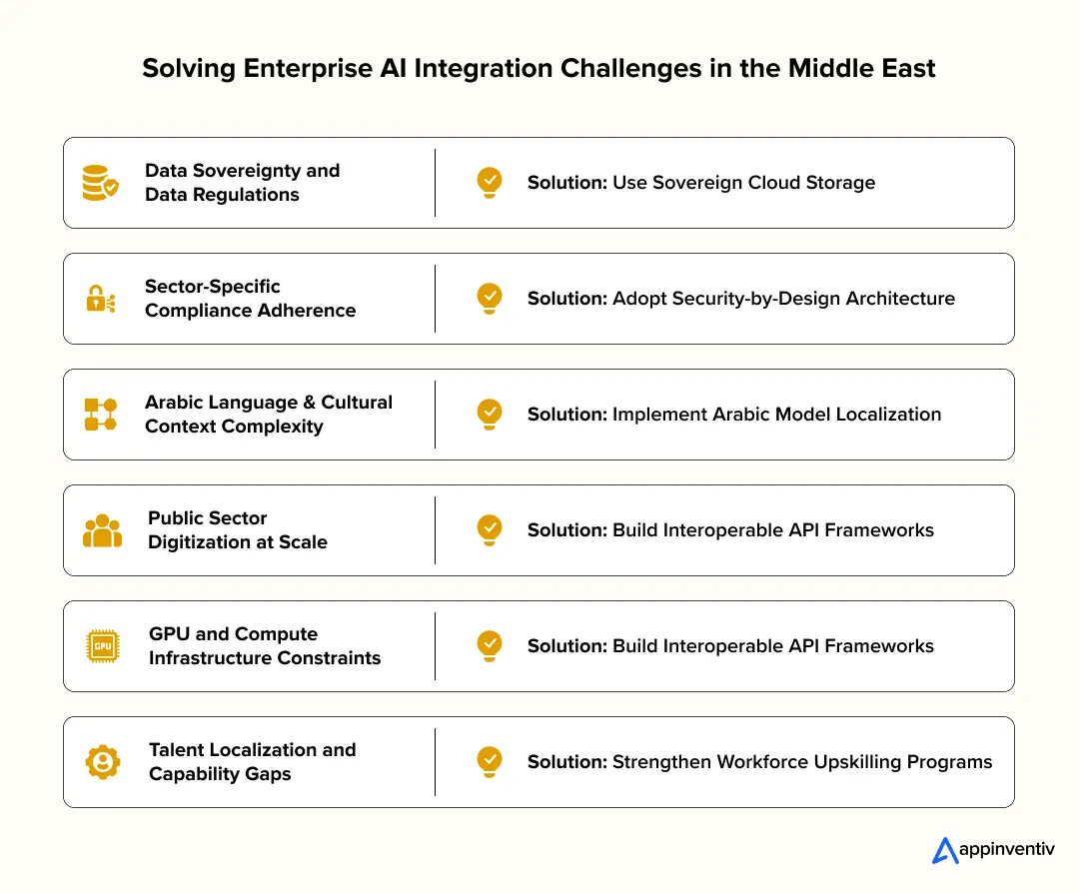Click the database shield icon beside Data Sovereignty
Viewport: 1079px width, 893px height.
pyautogui.click(x=100, y=183)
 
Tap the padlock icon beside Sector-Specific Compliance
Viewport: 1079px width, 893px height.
pyautogui.click(x=100, y=299)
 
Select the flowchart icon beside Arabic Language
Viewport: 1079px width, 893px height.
pyautogui.click(x=100, y=415)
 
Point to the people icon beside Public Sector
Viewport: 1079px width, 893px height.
pyautogui.click(x=102, y=530)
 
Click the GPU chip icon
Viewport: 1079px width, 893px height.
pyautogui.click(x=102, y=646)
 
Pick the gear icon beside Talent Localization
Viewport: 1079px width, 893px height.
pyautogui.click(x=102, y=762)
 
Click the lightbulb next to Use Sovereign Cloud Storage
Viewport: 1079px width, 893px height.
pyautogui.click(x=489, y=181)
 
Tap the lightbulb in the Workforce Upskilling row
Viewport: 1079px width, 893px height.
pyautogui.click(x=489, y=760)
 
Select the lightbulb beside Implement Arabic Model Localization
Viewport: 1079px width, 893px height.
pyautogui.click(x=489, y=413)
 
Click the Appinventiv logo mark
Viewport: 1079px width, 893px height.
pyautogui.click(x=944, y=850)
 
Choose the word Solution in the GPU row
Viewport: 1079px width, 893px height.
pyautogui.click(x=565, y=646)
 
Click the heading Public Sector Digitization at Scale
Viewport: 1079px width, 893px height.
pyautogui.click(x=238, y=530)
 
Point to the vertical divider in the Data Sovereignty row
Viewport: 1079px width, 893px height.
pyautogui.click(x=435, y=183)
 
